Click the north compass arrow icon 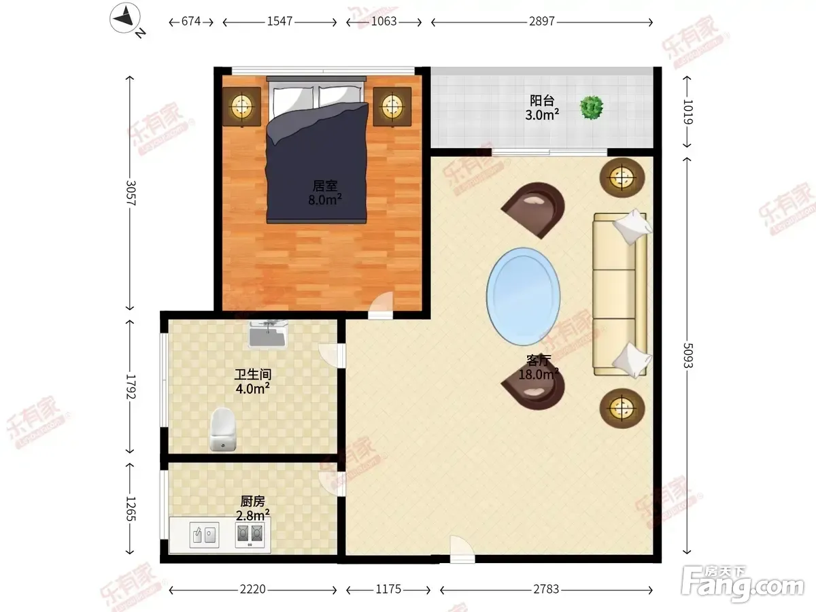tap(125, 18)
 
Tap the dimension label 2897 tap(542, 21)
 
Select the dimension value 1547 tap(279, 21)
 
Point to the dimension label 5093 tap(687, 355)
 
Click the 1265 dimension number tap(131, 509)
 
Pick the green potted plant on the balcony tap(592, 107)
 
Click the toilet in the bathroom tap(223, 430)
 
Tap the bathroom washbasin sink tap(268, 335)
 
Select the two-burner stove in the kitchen tap(250, 534)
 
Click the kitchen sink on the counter tap(204, 535)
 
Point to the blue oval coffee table tap(523, 297)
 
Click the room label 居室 tap(324, 186)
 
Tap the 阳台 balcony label tap(542, 101)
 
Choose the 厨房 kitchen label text tap(252, 501)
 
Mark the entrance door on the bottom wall tap(462, 549)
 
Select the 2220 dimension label tap(252, 590)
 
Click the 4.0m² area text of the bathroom tap(252, 389)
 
